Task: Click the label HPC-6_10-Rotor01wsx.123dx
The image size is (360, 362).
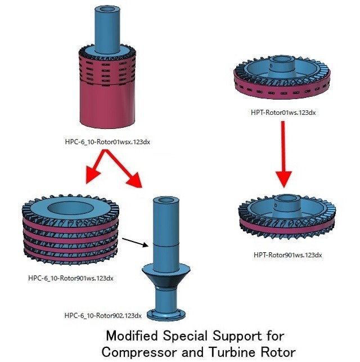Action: tap(107, 142)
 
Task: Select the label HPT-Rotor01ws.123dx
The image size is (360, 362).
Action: tap(283, 112)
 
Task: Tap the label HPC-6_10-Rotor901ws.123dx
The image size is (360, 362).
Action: tap(69, 278)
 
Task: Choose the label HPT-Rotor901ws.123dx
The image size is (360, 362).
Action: tap(287, 255)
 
